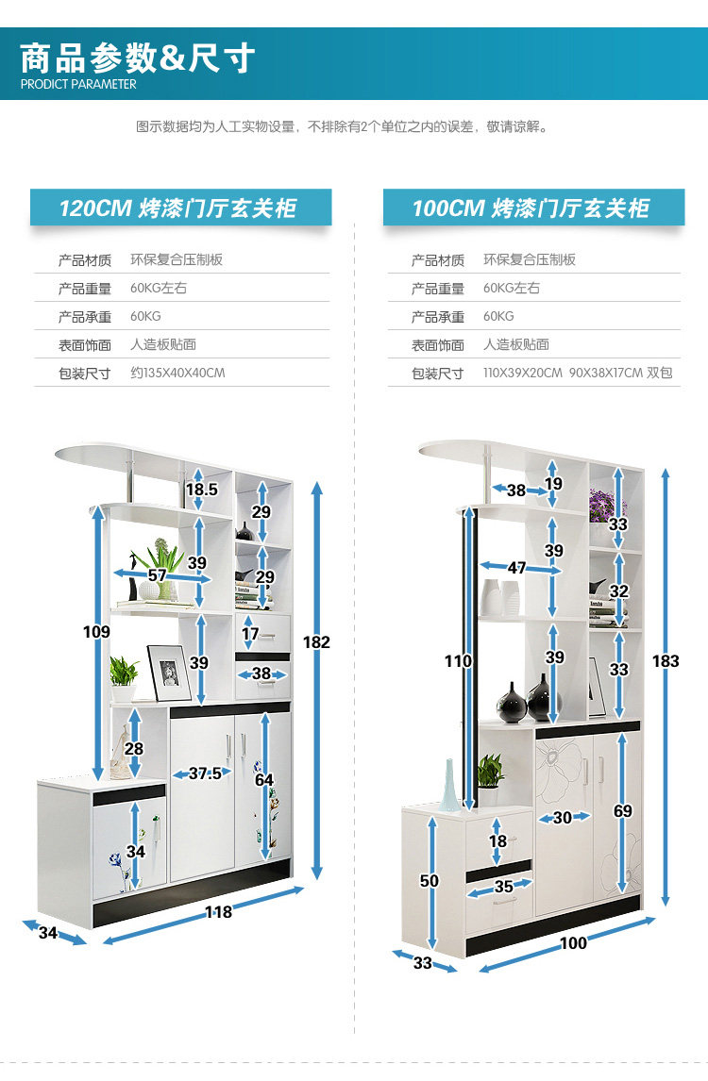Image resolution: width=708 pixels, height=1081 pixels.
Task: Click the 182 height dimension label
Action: (316, 642)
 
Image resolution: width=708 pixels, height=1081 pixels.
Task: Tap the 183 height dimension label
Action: (666, 661)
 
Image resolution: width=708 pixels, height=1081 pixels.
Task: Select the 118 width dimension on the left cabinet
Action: (218, 912)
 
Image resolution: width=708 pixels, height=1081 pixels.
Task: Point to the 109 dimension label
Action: (96, 632)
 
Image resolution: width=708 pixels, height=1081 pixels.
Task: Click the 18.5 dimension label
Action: (201, 490)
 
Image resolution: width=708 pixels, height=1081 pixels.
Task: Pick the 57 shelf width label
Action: (157, 575)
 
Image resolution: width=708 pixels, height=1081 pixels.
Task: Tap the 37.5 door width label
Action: (205, 773)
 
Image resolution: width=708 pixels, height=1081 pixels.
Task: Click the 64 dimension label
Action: (263, 780)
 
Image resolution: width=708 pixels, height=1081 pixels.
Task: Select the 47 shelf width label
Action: (516, 568)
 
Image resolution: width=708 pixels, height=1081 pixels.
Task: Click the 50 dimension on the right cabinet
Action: (430, 881)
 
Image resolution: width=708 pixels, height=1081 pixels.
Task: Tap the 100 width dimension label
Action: (573, 943)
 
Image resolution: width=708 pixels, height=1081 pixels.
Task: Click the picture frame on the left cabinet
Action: (170, 672)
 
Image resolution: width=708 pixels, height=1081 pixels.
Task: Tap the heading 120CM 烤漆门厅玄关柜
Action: (178, 208)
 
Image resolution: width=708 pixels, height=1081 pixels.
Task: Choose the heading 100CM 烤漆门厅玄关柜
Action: (531, 208)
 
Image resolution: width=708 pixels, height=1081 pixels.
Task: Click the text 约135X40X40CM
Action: (177, 373)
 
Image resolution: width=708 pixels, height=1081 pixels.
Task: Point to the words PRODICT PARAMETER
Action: (78, 84)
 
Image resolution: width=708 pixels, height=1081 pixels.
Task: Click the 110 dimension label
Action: (458, 661)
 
